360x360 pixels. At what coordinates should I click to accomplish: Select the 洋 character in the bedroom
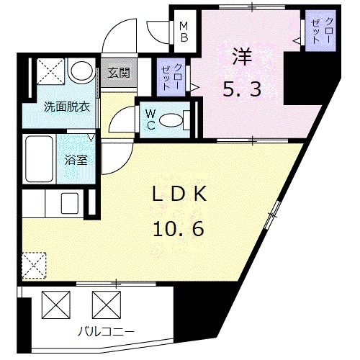coord(240,58)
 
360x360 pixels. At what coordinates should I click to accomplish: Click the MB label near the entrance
coord(184,31)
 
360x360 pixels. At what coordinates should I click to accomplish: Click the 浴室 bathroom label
coord(78,160)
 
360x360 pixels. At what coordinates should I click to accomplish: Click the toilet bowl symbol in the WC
coord(171,121)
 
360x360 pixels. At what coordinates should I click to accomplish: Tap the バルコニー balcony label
coord(107,332)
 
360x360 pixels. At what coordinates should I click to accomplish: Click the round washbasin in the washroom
coord(81,72)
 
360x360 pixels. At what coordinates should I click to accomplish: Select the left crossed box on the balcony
coord(56,304)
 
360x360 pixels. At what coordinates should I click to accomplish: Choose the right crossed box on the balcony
coord(104,304)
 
